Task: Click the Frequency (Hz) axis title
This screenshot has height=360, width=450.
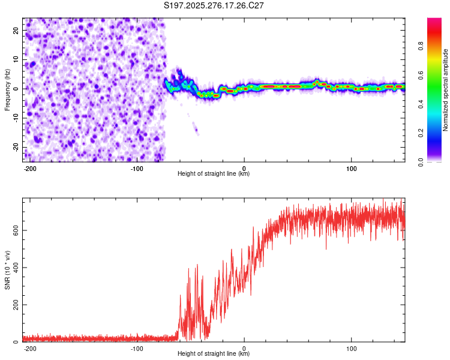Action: (7, 89)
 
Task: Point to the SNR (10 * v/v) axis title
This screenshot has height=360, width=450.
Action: (7, 269)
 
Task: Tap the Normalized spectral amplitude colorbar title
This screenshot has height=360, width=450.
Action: (445, 90)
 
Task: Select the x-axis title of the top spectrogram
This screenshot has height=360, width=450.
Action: (214, 174)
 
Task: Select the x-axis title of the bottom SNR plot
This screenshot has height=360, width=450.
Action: (214, 354)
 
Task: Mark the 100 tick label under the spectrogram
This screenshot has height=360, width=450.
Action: (351, 167)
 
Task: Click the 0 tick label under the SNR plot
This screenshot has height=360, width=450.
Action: (244, 347)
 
